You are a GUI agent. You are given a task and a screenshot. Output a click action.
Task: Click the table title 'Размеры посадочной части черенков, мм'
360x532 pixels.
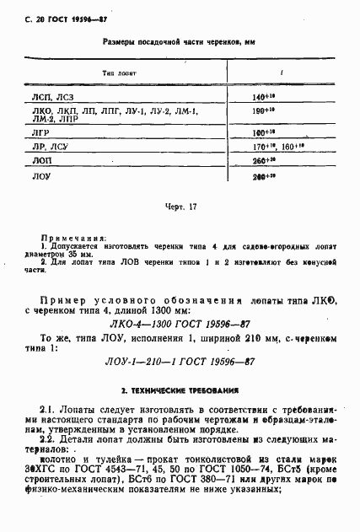179,40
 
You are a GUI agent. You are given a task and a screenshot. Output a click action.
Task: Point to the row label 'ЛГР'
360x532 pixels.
40,132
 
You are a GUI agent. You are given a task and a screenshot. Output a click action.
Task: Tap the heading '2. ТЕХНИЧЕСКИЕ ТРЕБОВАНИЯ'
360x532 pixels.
179,392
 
